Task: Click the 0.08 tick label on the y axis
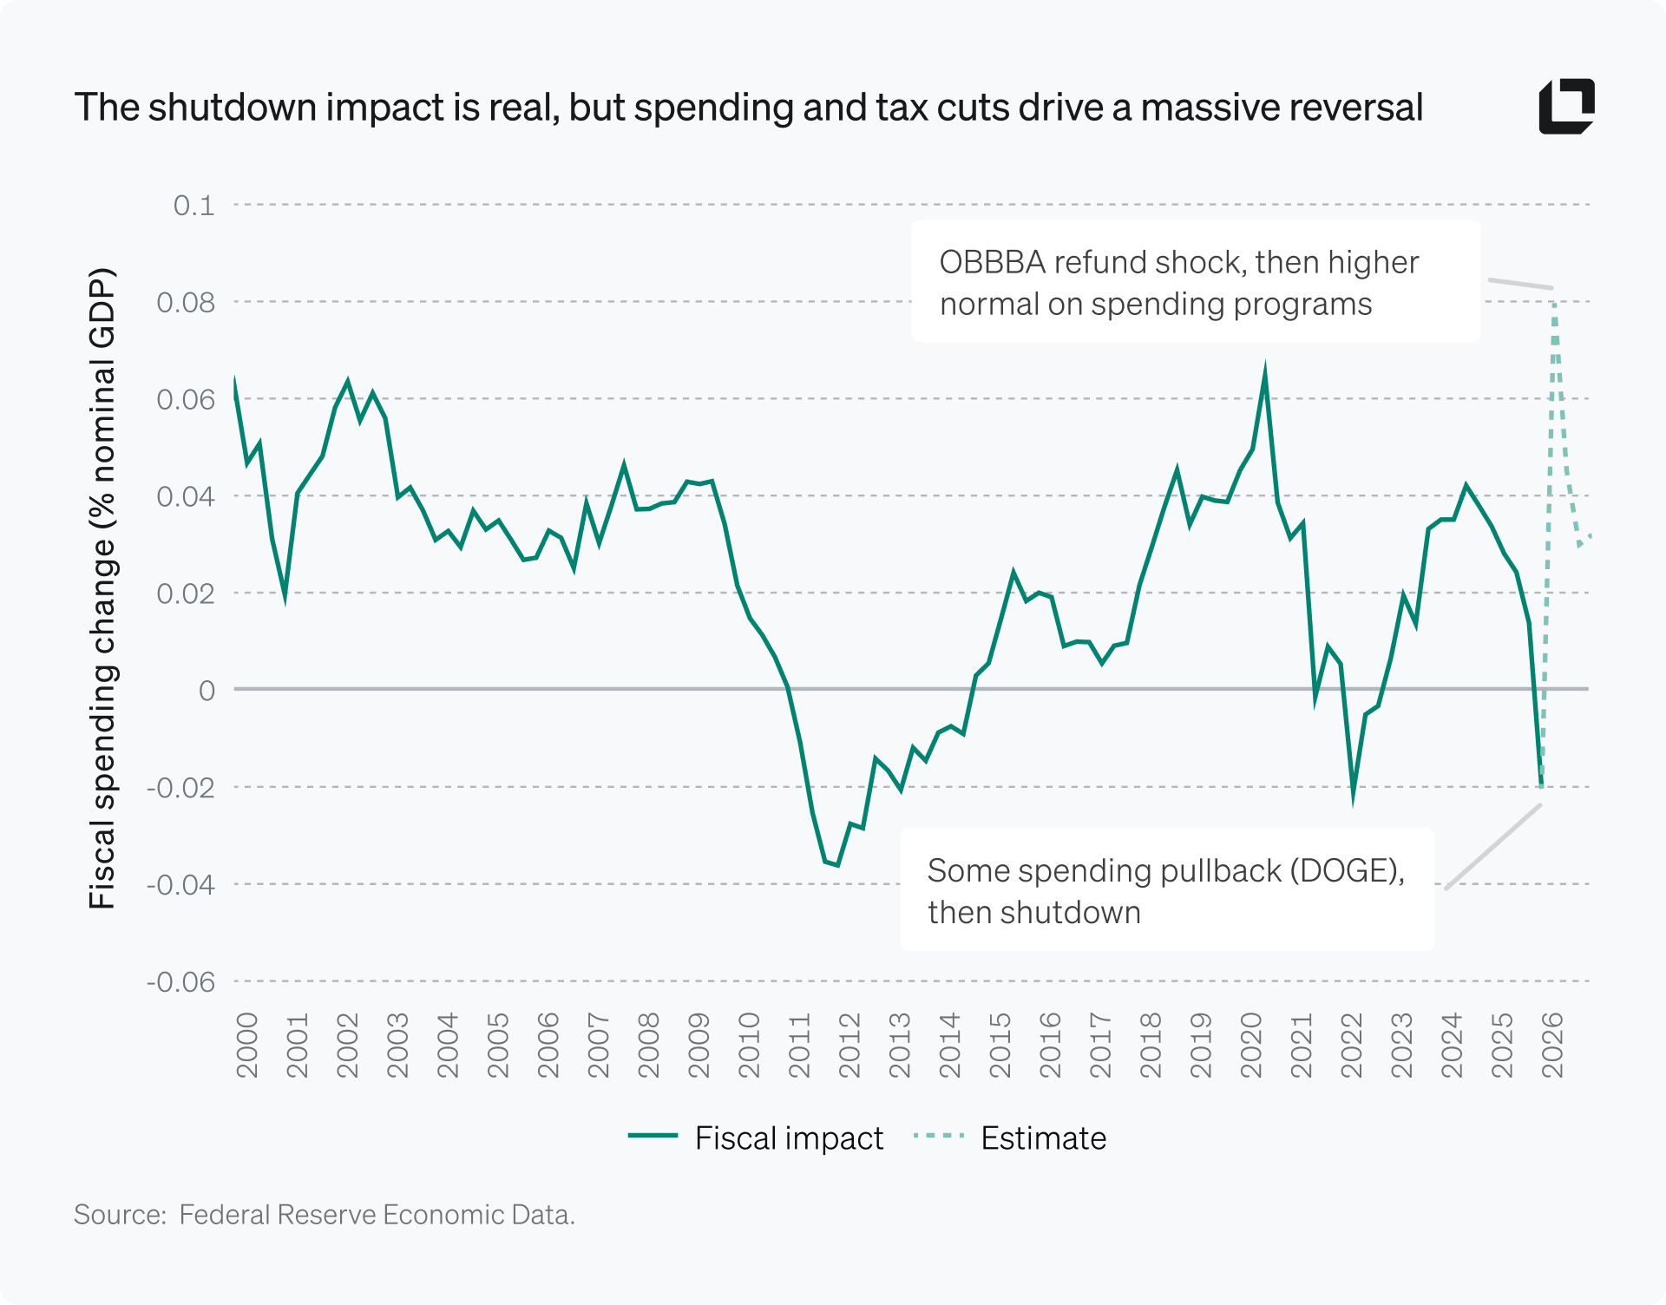coord(186,303)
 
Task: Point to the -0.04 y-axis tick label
coord(180,885)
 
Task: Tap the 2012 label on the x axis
coord(849,1046)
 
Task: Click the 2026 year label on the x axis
coord(1552,1046)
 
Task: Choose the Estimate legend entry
coord(1011,1138)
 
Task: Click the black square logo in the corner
coord(1566,107)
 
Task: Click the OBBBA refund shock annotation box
coord(1195,282)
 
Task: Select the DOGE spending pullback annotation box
coord(1165,890)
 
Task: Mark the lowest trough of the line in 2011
coord(837,864)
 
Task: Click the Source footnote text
coord(325,1215)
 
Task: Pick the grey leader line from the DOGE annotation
coord(1492,847)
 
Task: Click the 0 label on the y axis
coord(207,691)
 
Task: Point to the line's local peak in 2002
coord(348,381)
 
